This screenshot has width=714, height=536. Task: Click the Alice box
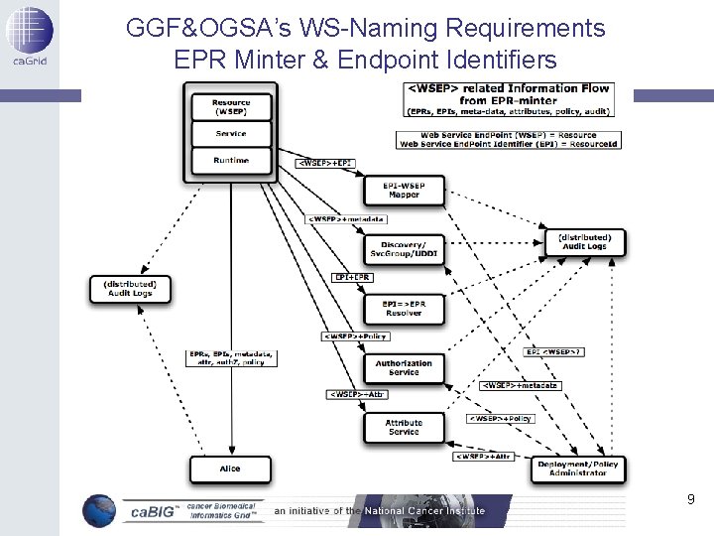click(230, 469)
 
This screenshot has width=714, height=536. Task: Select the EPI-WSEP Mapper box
click(404, 190)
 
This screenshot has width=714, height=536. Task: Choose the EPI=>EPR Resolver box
click(404, 309)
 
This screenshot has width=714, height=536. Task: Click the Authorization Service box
click(404, 367)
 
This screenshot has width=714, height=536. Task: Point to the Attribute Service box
click(404, 427)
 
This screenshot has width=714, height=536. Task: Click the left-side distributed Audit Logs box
click(131, 289)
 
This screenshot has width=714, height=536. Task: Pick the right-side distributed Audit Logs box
click(584, 241)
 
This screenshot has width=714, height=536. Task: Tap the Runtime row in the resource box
click(231, 160)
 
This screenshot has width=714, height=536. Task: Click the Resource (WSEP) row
click(231, 106)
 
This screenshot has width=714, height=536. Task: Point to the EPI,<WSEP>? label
click(554, 351)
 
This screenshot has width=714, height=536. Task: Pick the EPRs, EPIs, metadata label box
click(230, 358)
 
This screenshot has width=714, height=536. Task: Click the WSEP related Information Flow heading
click(508, 93)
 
